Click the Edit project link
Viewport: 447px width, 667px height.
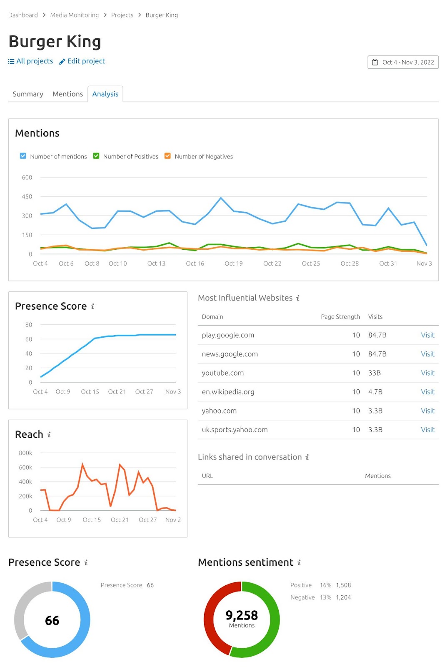[x=82, y=61]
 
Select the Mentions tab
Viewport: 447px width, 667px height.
[x=67, y=94]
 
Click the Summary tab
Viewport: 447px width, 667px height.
[x=28, y=94]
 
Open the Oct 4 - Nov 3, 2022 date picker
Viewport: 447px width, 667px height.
[x=403, y=62]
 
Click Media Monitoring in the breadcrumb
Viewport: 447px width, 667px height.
[x=75, y=15]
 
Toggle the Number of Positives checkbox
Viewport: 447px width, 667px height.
[x=96, y=156]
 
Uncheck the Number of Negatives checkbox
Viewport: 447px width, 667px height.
[x=167, y=156]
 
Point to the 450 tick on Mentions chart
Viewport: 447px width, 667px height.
[x=27, y=196]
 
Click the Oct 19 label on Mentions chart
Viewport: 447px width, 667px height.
[x=233, y=263]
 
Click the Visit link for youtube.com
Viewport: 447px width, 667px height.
[x=427, y=373]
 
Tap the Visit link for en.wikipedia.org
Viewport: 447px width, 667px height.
[x=427, y=392]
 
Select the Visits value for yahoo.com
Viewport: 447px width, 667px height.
[x=375, y=411]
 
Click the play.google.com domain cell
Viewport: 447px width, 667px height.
[x=228, y=335]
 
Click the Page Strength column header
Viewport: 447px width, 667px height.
[x=340, y=317]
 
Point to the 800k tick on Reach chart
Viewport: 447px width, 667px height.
[x=25, y=453]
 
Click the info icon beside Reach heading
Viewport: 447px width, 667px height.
[x=49, y=434]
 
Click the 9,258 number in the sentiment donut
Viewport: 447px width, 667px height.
[x=242, y=615]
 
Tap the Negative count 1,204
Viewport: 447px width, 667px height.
[x=343, y=597]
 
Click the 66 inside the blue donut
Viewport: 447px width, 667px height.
[x=52, y=620]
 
